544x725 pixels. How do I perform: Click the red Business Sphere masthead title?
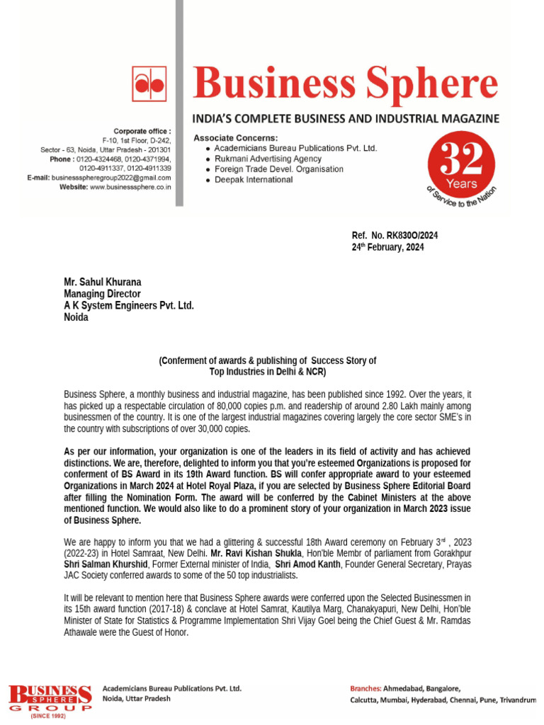click(x=346, y=84)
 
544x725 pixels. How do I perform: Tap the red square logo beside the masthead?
click(x=149, y=84)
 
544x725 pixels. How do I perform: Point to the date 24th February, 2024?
click(x=389, y=247)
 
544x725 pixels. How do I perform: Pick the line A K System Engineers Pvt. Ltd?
click(x=128, y=305)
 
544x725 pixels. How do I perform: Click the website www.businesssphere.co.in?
click(x=130, y=187)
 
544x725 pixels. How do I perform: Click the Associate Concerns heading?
click(x=236, y=137)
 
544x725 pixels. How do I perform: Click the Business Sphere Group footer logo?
click(x=50, y=699)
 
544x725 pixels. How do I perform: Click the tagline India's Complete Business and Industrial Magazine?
click(x=346, y=118)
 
